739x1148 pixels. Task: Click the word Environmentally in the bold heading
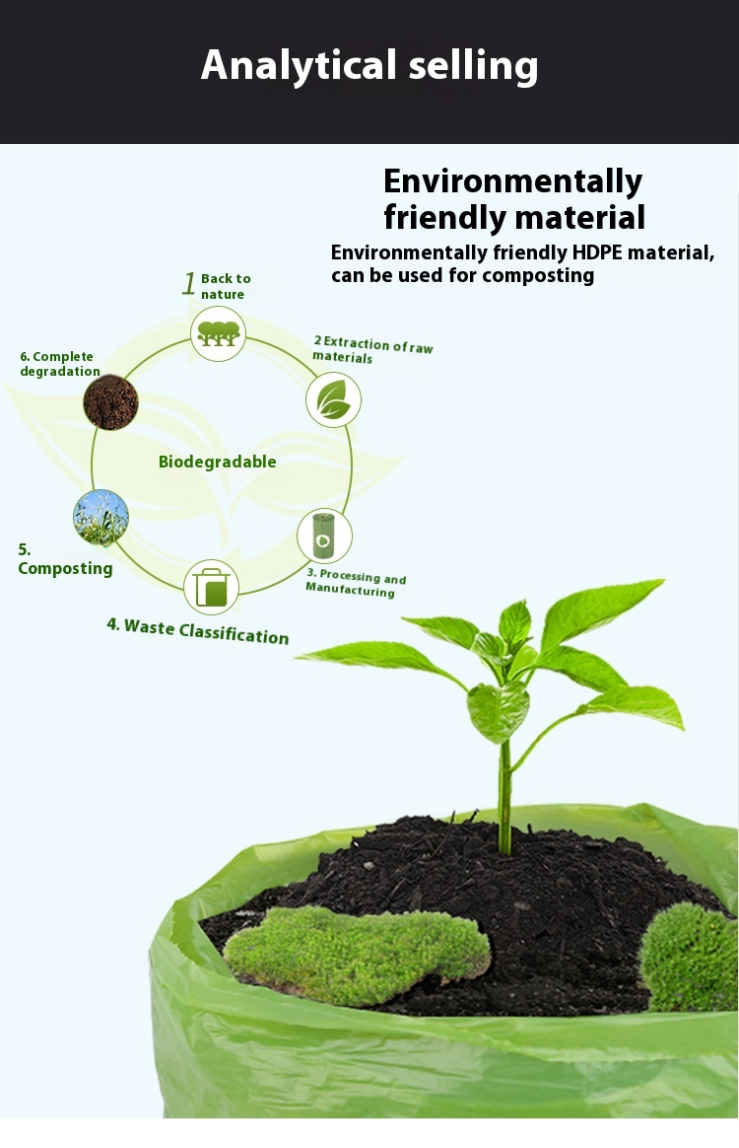pyautogui.click(x=512, y=181)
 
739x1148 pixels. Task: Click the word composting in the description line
pyautogui.click(x=538, y=275)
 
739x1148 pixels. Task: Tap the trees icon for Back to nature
pyautogui.click(x=218, y=333)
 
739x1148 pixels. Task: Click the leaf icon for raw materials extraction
pyautogui.click(x=333, y=399)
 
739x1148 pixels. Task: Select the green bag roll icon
pyautogui.click(x=323, y=536)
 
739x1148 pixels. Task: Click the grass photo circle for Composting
pyautogui.click(x=101, y=518)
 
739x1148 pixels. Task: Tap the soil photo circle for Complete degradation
pyautogui.click(x=110, y=401)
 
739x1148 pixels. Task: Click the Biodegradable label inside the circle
pyautogui.click(x=217, y=462)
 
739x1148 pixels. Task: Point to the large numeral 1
pyautogui.click(x=189, y=284)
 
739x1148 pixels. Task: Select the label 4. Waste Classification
pyautogui.click(x=197, y=630)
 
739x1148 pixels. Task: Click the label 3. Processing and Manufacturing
pyautogui.click(x=356, y=583)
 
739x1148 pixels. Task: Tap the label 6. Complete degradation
pyautogui.click(x=60, y=364)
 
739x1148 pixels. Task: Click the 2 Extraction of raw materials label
pyautogui.click(x=372, y=350)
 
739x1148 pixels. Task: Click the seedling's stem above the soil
pyautogui.click(x=505, y=789)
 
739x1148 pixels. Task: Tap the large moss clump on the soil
pyautogui.click(x=357, y=953)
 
